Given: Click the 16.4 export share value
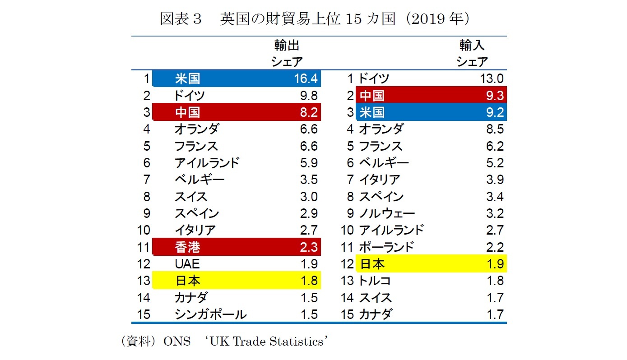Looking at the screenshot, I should pyautogui.click(x=306, y=79).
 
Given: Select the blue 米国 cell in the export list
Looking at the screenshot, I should pyautogui.click(x=187, y=79).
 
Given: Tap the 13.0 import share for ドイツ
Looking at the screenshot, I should pyautogui.click(x=492, y=79).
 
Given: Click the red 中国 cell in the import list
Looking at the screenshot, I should pyautogui.click(x=372, y=96).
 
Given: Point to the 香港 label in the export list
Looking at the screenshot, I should pyautogui.click(x=187, y=247).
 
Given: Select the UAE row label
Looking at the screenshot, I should pyautogui.click(x=187, y=264).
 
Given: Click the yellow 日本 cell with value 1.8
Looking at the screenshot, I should pyautogui.click(x=187, y=281).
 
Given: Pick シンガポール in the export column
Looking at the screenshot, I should pyautogui.click(x=210, y=314).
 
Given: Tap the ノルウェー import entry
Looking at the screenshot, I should pyautogui.click(x=387, y=213).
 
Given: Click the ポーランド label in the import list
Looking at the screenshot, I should pyautogui.click(x=386, y=247).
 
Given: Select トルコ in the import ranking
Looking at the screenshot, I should pyautogui.click(x=375, y=281).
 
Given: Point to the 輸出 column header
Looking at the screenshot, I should pyautogui.click(x=287, y=45).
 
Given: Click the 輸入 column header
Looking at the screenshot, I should pyautogui.click(x=472, y=45).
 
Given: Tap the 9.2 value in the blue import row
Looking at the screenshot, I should pyautogui.click(x=495, y=112).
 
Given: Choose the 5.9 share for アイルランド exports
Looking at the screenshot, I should pyautogui.click(x=309, y=163).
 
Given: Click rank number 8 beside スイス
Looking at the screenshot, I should pyautogui.click(x=146, y=197).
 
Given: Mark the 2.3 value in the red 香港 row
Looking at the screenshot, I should pyautogui.click(x=309, y=247).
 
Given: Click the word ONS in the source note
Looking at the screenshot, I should pyautogui.click(x=174, y=342).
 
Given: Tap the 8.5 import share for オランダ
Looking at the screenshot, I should pyautogui.click(x=495, y=129).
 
